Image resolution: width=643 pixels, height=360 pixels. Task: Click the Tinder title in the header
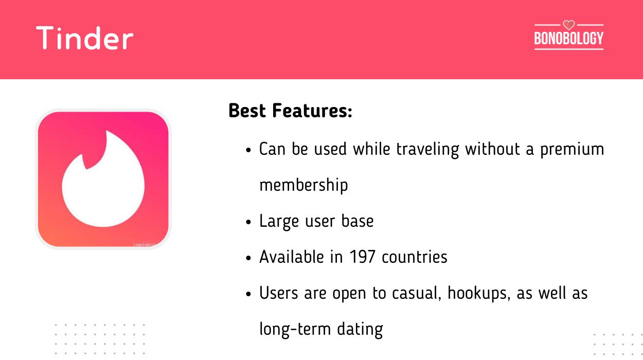(85, 38)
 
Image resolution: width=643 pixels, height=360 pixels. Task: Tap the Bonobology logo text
(568, 38)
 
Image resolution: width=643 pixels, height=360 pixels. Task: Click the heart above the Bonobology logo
(568, 25)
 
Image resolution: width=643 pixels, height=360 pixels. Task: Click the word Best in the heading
(247, 111)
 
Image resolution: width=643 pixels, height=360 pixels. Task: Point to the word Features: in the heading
(312, 111)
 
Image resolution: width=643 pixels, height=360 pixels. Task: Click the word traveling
(427, 150)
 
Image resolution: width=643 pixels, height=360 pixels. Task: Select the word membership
(303, 185)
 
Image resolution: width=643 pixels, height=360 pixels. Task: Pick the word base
(358, 221)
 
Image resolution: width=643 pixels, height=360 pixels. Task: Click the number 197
(362, 257)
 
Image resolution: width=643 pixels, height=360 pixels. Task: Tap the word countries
(415, 257)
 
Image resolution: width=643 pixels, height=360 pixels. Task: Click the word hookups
(479, 293)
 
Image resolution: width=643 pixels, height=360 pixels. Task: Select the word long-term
(295, 329)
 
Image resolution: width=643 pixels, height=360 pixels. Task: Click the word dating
(360, 329)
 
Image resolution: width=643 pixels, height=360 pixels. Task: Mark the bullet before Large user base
(248, 222)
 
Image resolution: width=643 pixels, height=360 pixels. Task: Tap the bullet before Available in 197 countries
(248, 258)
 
